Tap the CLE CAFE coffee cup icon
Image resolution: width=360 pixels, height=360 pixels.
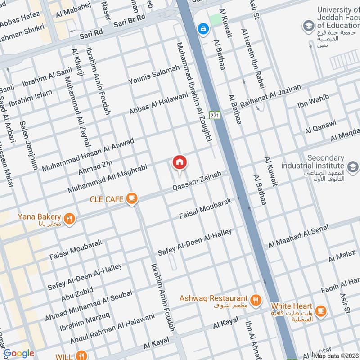[x=131, y=198]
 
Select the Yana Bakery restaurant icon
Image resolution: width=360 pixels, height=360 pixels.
[x=69, y=219]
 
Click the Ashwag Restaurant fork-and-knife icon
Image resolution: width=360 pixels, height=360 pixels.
[x=256, y=299]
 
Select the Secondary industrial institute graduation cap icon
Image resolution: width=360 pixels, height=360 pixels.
[x=353, y=166]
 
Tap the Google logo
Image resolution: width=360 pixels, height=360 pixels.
[x=19, y=353]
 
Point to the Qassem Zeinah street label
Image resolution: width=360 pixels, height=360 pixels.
[x=198, y=182]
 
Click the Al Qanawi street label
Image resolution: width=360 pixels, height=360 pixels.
[x=320, y=127]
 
